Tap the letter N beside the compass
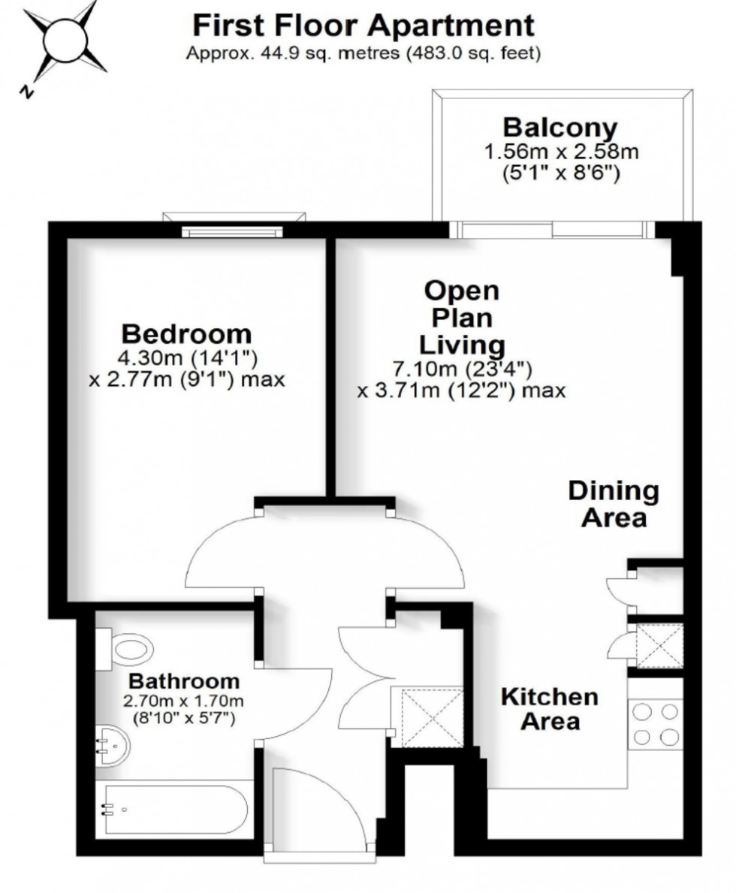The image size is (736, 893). pyautogui.click(x=26, y=92)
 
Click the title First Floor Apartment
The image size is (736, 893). pyautogui.click(x=363, y=26)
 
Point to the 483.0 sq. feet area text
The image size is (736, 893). pyautogui.click(x=469, y=54)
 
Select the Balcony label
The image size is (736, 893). pyautogui.click(x=560, y=126)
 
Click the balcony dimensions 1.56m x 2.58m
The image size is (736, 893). pyautogui.click(x=561, y=152)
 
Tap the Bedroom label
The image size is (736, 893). pyautogui.click(x=187, y=333)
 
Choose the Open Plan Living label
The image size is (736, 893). pyautogui.click(x=461, y=318)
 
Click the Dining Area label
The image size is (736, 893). pyautogui.click(x=614, y=504)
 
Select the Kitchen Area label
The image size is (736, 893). pyautogui.click(x=550, y=708)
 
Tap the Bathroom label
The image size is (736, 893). pyautogui.click(x=184, y=682)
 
